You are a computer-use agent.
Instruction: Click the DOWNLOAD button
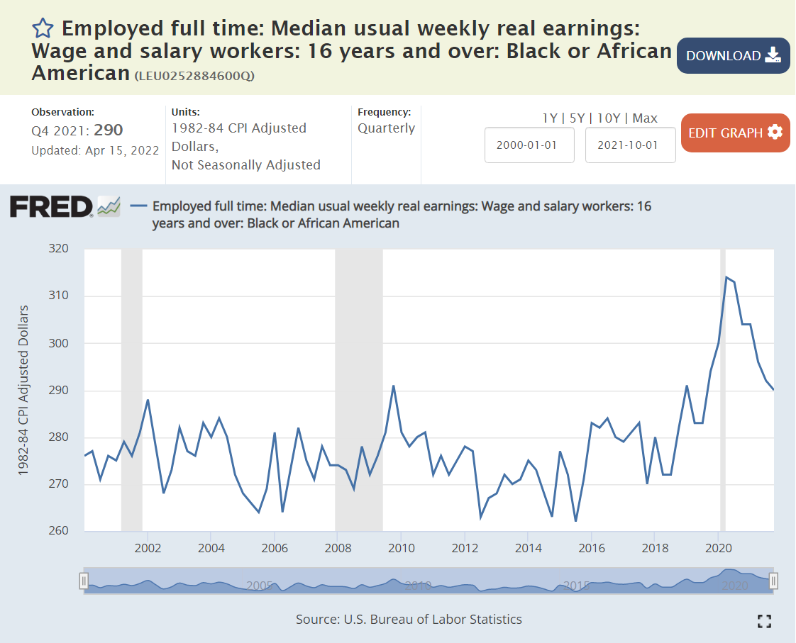pos(733,56)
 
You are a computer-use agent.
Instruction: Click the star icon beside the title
pos(43,28)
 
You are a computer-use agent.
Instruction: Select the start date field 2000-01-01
pos(529,145)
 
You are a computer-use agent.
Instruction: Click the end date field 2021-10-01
pos(630,145)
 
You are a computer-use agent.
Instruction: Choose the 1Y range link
pos(549,118)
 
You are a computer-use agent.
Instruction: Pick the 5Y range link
pos(577,118)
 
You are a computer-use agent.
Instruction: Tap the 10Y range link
pos(609,118)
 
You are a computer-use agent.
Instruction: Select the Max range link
pos(645,118)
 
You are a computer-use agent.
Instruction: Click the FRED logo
pos(51,207)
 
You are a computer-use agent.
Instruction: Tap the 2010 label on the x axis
pos(401,548)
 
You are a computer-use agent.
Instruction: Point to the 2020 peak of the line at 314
pos(726,277)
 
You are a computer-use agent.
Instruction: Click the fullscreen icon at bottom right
pos(764,622)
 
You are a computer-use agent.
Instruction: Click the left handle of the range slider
pos(84,581)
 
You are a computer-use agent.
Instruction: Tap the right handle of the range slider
pos(774,581)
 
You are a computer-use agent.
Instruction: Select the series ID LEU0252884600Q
pos(194,76)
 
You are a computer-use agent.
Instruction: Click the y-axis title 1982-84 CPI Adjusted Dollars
pos(23,390)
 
